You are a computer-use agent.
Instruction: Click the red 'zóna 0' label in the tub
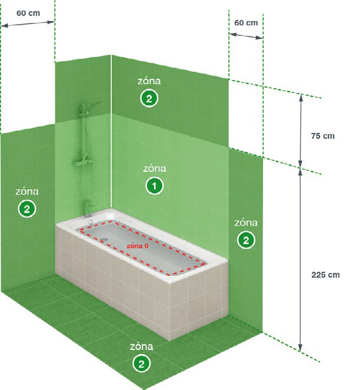(137, 246)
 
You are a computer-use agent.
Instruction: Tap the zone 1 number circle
(154, 186)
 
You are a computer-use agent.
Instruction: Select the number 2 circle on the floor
(141, 364)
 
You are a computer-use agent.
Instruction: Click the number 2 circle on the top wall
(149, 98)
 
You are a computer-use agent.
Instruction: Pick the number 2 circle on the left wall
(27, 209)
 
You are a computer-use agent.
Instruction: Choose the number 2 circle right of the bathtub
(246, 240)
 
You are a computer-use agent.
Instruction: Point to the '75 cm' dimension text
(323, 136)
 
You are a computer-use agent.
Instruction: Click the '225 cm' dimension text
(325, 275)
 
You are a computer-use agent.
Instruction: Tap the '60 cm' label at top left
(28, 13)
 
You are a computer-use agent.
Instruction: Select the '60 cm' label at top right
(246, 22)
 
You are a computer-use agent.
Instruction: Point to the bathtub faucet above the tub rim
(89, 206)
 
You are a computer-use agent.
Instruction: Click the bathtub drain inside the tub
(104, 239)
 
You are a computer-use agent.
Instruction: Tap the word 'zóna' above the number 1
(155, 168)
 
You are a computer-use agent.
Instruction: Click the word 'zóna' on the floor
(141, 346)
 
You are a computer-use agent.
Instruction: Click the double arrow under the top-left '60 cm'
(28, 24)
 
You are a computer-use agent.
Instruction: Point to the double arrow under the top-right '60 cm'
(246, 36)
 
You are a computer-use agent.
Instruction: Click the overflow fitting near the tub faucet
(90, 221)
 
